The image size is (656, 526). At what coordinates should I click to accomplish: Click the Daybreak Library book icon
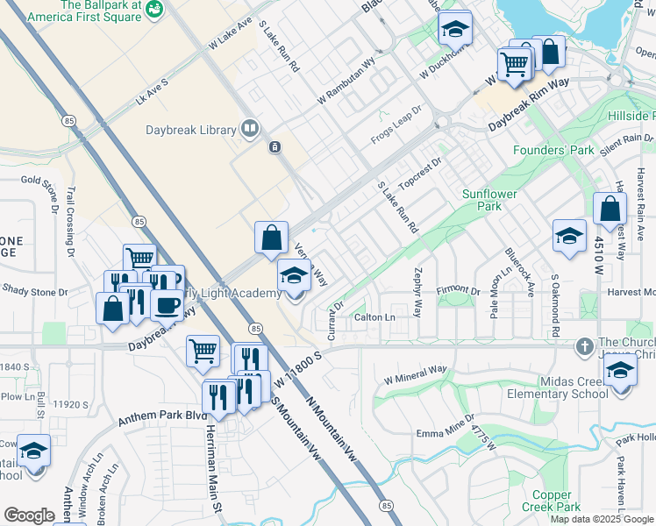tap(250, 130)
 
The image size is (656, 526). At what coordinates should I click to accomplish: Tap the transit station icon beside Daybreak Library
tap(275, 146)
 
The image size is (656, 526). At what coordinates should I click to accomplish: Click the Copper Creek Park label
tap(551, 501)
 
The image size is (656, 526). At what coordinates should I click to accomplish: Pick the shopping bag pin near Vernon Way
tap(272, 236)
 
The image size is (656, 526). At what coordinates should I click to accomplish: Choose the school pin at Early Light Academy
tap(295, 276)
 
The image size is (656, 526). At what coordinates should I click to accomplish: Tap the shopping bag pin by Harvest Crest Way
tap(610, 210)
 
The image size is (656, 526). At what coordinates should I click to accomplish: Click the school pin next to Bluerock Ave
tap(569, 236)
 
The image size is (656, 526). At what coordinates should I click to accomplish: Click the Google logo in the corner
tap(30, 515)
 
